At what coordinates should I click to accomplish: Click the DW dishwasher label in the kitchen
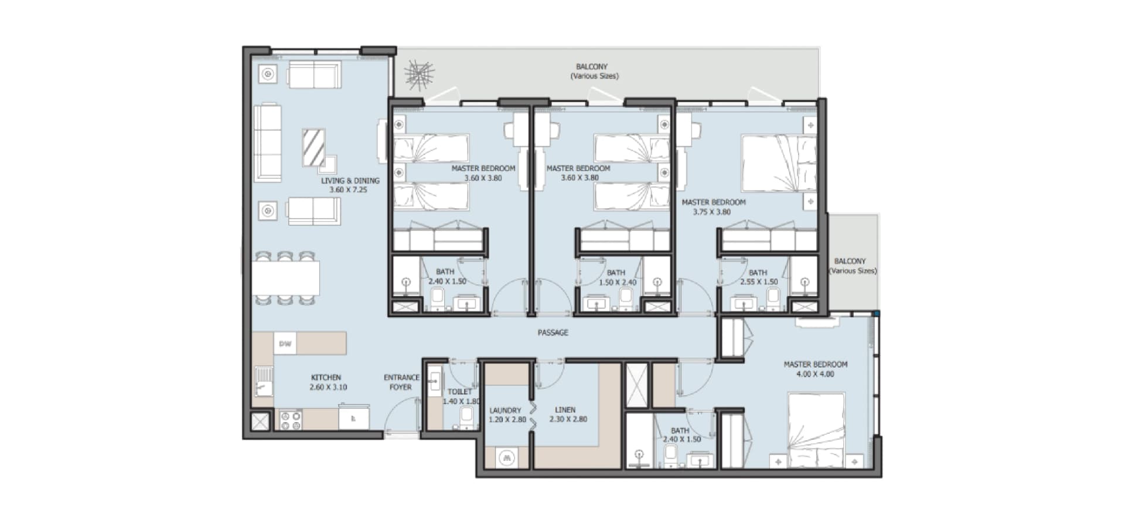[x=285, y=344]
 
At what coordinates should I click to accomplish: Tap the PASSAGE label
[x=553, y=332]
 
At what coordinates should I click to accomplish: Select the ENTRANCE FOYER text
[x=401, y=382]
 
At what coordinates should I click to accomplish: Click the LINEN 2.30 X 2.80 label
[x=568, y=415]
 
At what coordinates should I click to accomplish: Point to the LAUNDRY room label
[x=505, y=410]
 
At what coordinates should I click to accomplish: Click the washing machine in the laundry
[x=507, y=457]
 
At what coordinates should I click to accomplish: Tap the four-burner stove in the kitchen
[x=290, y=420]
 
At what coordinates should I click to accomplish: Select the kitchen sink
[x=263, y=381]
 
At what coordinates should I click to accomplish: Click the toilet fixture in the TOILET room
[x=466, y=417]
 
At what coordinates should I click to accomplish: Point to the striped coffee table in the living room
[x=313, y=147]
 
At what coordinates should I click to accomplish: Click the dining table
[x=287, y=278]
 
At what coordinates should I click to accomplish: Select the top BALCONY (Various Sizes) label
[x=594, y=71]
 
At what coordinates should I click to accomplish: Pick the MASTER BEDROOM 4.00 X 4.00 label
[x=816, y=369]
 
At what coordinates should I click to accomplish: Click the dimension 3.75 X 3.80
[x=712, y=212]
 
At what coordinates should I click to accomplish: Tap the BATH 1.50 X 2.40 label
[x=617, y=277]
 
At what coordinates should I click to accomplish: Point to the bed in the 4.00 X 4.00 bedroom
[x=816, y=430]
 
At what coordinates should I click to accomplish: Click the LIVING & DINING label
[x=350, y=181]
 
